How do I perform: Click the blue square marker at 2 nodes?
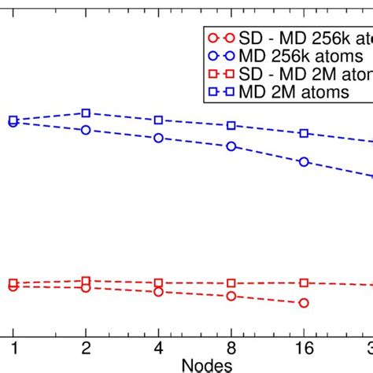tap(87, 113)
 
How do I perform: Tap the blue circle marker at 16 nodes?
tap(304, 162)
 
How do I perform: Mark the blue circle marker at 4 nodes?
tap(159, 138)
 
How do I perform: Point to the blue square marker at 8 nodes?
tap(231, 126)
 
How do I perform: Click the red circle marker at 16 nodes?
tap(304, 303)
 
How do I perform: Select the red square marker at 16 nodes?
tap(304, 283)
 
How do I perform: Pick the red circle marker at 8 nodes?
tap(231, 296)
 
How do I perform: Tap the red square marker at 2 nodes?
tap(87, 281)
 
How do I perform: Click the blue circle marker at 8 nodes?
tap(231, 146)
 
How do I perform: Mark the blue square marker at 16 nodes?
tap(304, 134)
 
